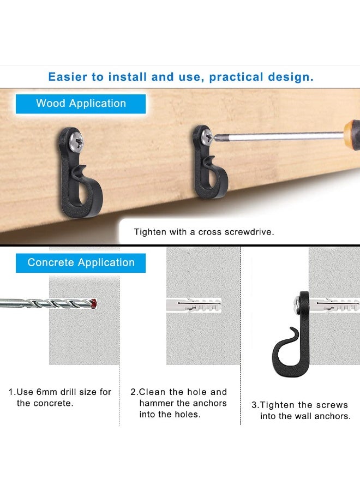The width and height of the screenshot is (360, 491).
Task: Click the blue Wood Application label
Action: [81, 104]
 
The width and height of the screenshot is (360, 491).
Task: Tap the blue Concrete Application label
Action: [81, 262]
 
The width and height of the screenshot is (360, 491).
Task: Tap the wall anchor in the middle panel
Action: [194, 306]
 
